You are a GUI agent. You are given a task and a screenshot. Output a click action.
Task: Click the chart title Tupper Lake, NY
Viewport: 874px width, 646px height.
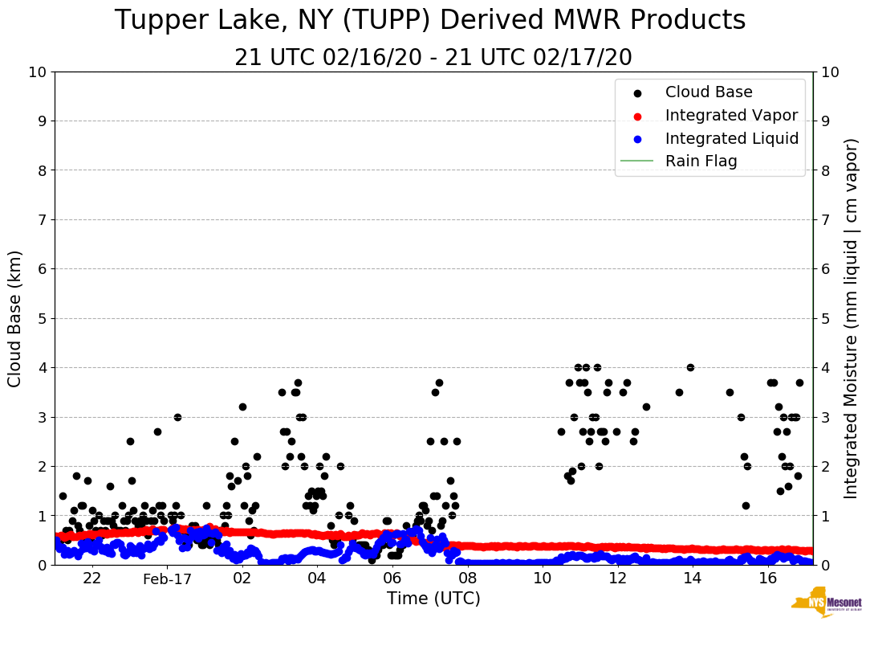coord(430,20)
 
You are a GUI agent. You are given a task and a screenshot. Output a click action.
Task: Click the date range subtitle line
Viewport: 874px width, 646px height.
coord(433,58)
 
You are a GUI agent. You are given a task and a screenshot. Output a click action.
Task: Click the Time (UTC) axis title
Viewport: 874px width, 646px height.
coord(433,599)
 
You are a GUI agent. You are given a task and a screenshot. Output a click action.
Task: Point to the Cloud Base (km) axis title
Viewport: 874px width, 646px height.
coord(15,318)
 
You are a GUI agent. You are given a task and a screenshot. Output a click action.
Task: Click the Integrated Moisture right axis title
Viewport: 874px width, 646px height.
coord(852,318)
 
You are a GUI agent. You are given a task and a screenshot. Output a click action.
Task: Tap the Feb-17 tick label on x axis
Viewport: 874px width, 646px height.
coord(167,579)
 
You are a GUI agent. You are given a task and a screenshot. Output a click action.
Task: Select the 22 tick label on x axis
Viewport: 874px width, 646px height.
coord(92,579)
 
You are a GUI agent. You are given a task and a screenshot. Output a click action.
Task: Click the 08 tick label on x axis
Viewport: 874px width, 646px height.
coord(467,579)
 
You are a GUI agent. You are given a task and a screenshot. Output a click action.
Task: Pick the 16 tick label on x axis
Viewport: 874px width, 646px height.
coord(768,579)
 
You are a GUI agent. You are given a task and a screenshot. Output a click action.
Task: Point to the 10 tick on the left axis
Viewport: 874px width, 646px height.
coord(37,72)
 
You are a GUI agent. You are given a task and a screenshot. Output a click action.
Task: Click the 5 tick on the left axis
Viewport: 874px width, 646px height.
coord(42,319)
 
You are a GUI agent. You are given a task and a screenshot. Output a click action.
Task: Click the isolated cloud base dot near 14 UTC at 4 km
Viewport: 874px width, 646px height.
coord(690,368)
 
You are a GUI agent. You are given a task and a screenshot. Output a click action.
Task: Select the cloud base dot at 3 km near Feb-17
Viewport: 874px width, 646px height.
coord(177,417)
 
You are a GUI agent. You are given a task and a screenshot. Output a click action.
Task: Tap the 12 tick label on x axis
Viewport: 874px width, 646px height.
coord(617,579)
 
